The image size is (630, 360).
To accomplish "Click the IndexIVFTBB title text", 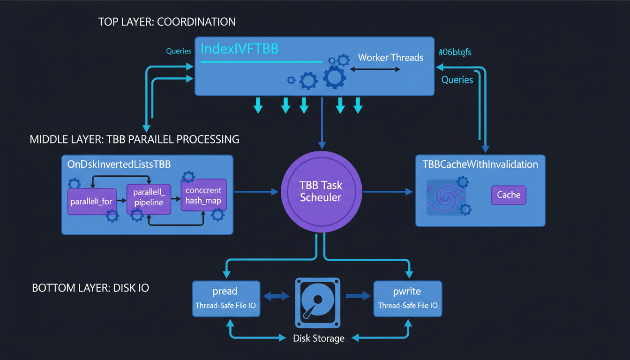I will (x=239, y=49).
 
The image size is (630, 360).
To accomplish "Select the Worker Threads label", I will (x=390, y=58).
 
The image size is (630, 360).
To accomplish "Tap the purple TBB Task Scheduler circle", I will (x=321, y=191).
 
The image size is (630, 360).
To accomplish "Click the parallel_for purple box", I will (x=92, y=202).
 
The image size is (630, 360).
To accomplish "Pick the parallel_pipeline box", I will (x=148, y=198).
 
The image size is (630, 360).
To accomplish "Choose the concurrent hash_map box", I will (x=203, y=195).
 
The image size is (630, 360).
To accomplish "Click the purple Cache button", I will (x=509, y=195).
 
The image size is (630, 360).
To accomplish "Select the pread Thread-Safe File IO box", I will (x=225, y=299).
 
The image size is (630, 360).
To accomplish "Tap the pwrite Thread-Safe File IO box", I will (x=407, y=299).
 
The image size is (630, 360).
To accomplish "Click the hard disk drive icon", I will (x=317, y=303).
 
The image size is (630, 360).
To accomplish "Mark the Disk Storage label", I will (x=318, y=338).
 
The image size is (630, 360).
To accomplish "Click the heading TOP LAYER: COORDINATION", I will (x=167, y=22).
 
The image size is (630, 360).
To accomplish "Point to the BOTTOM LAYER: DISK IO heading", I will (x=90, y=288).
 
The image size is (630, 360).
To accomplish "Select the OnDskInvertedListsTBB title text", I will (x=118, y=165).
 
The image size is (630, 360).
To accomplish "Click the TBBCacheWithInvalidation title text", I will (x=480, y=165).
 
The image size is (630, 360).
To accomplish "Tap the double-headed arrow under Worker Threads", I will (x=375, y=69).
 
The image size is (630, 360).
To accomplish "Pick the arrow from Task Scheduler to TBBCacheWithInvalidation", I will (x=387, y=191).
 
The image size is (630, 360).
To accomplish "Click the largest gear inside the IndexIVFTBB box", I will (x=335, y=77).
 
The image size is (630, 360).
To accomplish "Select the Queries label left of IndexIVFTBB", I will (x=179, y=51).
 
